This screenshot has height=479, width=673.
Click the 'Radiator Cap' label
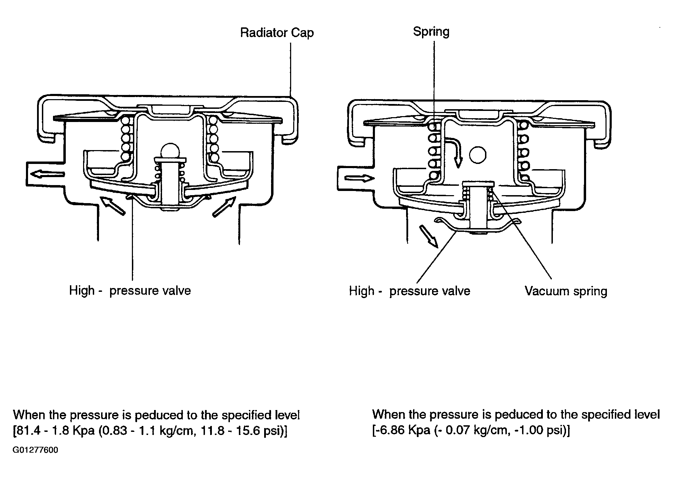(277, 33)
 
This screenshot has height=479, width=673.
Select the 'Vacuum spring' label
(566, 291)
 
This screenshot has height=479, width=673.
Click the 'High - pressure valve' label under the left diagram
(130, 290)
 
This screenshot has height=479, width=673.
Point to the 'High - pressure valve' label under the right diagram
(410, 291)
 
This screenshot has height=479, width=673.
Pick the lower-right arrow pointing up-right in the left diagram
(225, 207)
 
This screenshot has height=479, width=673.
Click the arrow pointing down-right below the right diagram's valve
(429, 236)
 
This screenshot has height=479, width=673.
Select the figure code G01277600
(36, 450)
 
